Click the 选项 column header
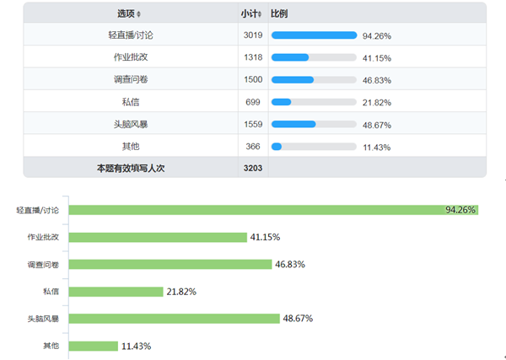pyautogui.click(x=127, y=13)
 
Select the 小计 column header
pyautogui.click(x=250, y=13)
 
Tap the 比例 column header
pyautogui.click(x=278, y=13)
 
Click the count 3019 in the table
pyautogui.click(x=253, y=35)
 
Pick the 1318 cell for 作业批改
pyautogui.click(x=253, y=57)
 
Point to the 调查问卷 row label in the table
pyautogui.click(x=130, y=79)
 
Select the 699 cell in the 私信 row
pyautogui.click(x=253, y=101)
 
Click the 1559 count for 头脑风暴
pyautogui.click(x=253, y=123)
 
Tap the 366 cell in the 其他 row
pyautogui.click(x=253, y=146)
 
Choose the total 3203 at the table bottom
pyautogui.click(x=253, y=168)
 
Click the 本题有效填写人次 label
pyautogui.click(x=130, y=168)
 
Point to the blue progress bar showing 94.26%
pyautogui.click(x=314, y=35)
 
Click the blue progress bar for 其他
pyautogui.click(x=277, y=146)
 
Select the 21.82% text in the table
pyautogui.click(x=376, y=102)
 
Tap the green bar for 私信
pyautogui.click(x=116, y=292)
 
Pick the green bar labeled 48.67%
pyautogui.click(x=174, y=319)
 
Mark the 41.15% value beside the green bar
pyautogui.click(x=264, y=237)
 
